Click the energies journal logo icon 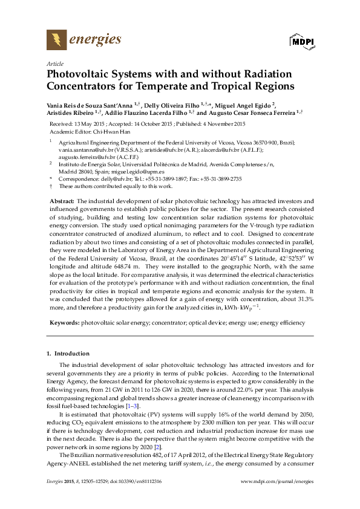(57, 41)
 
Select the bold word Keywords (64, 323)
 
